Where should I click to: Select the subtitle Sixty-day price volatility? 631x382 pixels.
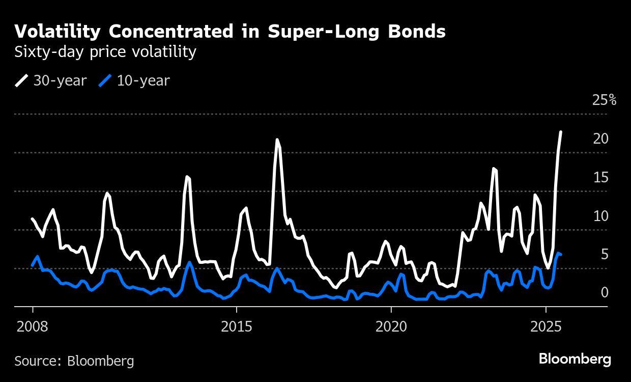pyautogui.click(x=105, y=52)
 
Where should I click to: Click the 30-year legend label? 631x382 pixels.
pyautogui.click(x=60, y=80)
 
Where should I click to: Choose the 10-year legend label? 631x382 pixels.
pyautogui.click(x=143, y=80)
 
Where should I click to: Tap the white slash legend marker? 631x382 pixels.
pyautogui.click(x=22, y=80)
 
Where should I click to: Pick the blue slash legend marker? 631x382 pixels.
pyautogui.click(x=105, y=80)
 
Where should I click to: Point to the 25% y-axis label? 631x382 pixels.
pyautogui.click(x=604, y=100)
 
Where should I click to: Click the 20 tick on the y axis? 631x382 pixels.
pyautogui.click(x=601, y=139)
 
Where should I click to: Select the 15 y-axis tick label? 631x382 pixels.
pyautogui.click(x=601, y=177)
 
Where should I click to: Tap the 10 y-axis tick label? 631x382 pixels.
pyautogui.click(x=601, y=216)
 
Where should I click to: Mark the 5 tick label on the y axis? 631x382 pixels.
pyautogui.click(x=605, y=254)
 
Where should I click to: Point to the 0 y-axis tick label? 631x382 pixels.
pyautogui.click(x=605, y=292)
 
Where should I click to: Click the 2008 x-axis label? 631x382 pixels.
pyautogui.click(x=32, y=326)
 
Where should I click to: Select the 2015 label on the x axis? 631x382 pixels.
pyautogui.click(x=237, y=326)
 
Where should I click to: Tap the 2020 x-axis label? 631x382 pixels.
pyautogui.click(x=391, y=326)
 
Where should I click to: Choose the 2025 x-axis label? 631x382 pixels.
pyautogui.click(x=546, y=326)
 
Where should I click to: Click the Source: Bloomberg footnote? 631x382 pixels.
pyautogui.click(x=74, y=361)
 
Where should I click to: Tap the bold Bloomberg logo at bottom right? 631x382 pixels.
pyautogui.click(x=575, y=359)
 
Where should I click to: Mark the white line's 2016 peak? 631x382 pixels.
pyautogui.click(x=277, y=139)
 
